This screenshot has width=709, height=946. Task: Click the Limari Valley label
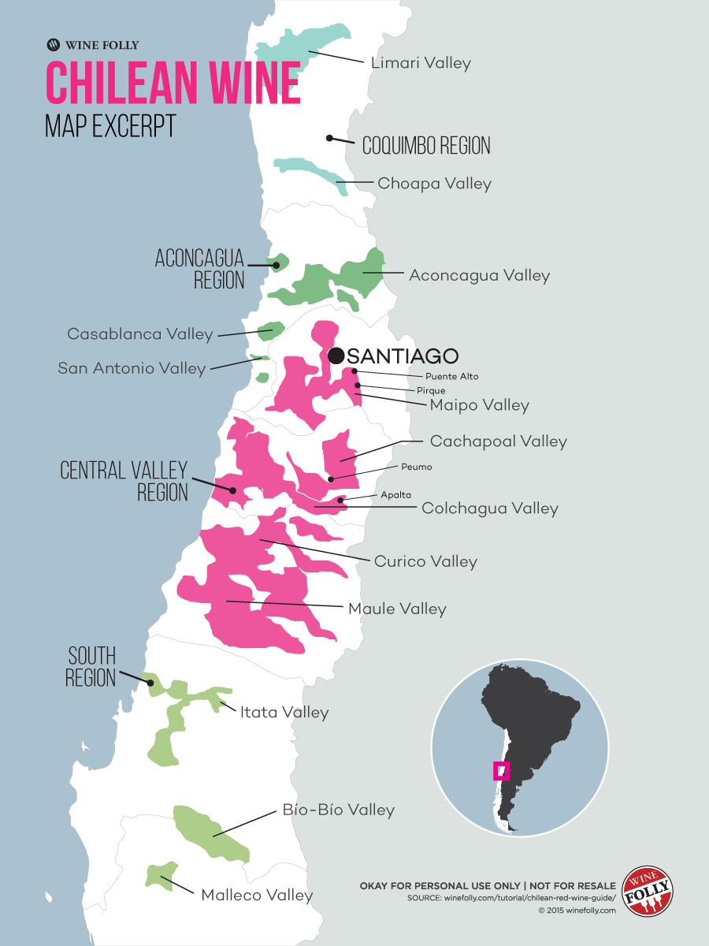coord(420,63)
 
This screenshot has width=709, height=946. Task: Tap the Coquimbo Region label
coord(425,146)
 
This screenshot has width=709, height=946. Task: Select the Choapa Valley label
coord(434,184)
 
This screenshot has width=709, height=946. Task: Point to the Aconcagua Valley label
coord(479,276)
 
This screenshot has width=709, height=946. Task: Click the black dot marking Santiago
coord(336,356)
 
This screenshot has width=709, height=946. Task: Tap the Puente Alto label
coord(451,377)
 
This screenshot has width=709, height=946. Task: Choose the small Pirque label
coord(431,390)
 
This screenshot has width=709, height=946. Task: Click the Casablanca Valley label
coord(139,334)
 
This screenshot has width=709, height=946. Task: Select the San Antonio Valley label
coord(132,368)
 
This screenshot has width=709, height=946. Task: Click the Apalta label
coord(395,495)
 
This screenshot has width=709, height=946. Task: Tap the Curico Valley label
coord(425,562)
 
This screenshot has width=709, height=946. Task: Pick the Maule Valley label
coord(397,609)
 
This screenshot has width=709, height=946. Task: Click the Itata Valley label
coord(284,713)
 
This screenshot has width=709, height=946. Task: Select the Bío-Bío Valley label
coord(338,810)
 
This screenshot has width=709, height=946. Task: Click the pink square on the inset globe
coord(501,771)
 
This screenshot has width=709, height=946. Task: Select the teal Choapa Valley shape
coord(311,170)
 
